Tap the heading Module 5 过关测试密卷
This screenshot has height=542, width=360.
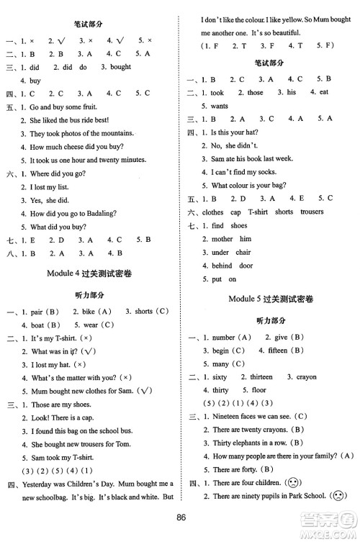pos(270,299)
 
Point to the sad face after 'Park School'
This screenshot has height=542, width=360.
pos(336,496)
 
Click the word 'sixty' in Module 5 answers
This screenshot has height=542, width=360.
pos(218,376)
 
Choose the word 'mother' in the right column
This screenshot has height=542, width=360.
pos(222,239)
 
